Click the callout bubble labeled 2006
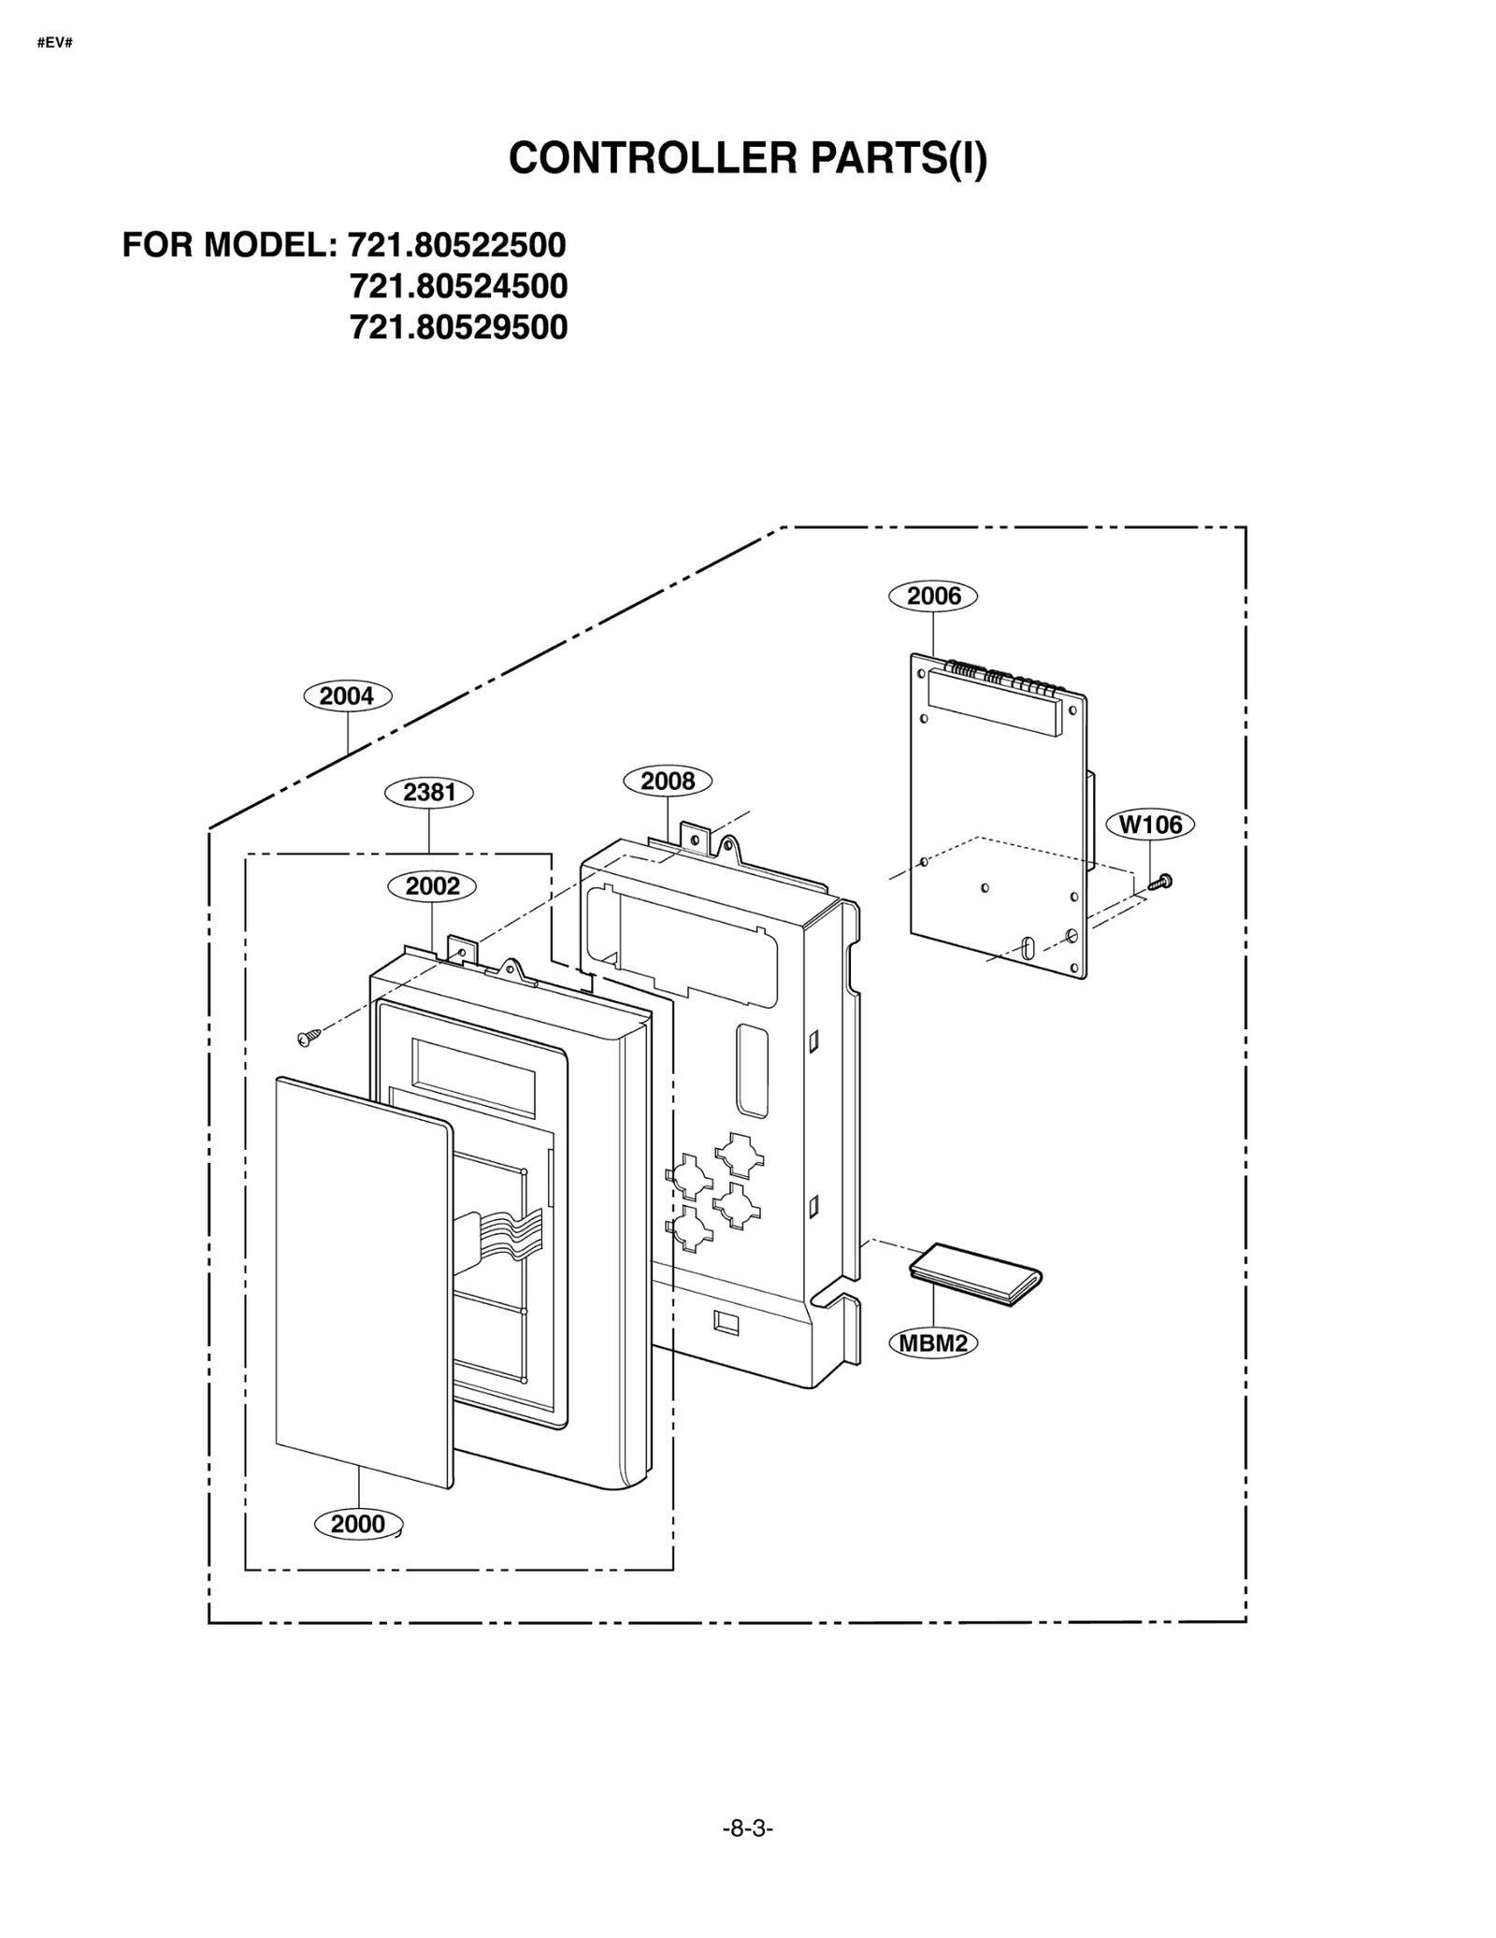click(932, 596)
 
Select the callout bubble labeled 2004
click(347, 696)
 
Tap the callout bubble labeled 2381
click(429, 792)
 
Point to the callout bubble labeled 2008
click(668, 781)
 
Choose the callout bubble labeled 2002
click(432, 885)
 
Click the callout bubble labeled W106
click(1150, 825)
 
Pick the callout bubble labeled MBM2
click(932, 1343)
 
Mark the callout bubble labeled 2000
click(358, 1524)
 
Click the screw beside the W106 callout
click(1160, 881)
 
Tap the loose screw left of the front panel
click(308, 1036)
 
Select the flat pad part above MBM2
click(975, 1275)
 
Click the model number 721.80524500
click(458, 286)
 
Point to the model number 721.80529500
click(458, 327)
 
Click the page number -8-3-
click(748, 1828)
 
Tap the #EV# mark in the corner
click(54, 43)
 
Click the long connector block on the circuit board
click(992, 703)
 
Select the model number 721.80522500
click(457, 245)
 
